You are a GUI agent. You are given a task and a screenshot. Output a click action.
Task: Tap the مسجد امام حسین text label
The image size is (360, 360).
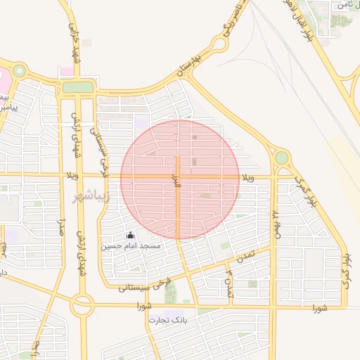[x=130, y=246]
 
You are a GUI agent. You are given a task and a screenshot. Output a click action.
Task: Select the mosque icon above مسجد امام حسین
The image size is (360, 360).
[x=129, y=236]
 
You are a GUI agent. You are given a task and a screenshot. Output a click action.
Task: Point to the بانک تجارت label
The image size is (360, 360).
[x=165, y=321]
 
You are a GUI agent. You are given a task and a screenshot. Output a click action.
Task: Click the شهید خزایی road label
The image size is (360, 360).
[x=75, y=42]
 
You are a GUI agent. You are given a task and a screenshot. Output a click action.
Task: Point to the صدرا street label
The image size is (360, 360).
[x=61, y=229]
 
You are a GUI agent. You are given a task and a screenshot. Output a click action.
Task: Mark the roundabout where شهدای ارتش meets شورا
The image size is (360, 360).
[x=82, y=305]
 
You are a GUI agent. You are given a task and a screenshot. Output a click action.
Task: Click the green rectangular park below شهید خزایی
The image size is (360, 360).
[x=78, y=87]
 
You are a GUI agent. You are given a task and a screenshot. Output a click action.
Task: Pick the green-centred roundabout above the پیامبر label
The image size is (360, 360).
[x=19, y=71]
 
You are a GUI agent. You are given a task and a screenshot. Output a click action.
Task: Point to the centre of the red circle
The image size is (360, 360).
[x=181, y=179]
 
